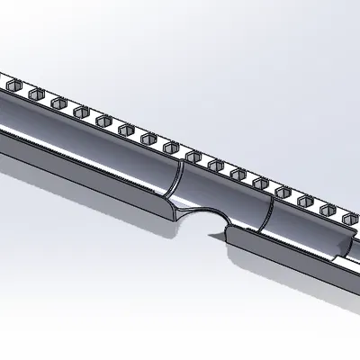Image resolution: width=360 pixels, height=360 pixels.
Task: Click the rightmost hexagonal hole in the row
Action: pyautogui.click(x=346, y=216)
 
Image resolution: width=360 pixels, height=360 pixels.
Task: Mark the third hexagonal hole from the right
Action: pyautogui.click(x=304, y=200)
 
